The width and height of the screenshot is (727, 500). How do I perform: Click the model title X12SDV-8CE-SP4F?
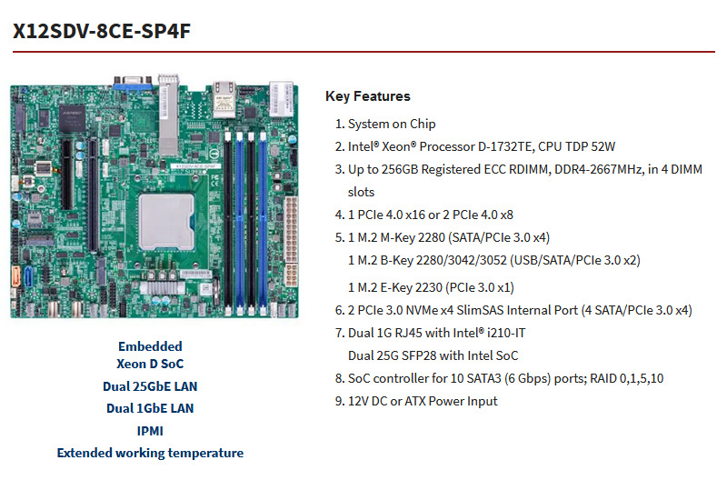tap(101, 31)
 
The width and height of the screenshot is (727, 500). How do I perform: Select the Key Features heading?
tap(367, 96)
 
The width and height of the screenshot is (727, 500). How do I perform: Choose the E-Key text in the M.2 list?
tap(407, 287)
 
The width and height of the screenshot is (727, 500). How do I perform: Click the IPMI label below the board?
tap(150, 430)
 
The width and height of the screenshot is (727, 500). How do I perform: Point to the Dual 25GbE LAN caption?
tap(150, 386)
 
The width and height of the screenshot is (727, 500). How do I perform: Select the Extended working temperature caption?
tap(150, 452)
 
